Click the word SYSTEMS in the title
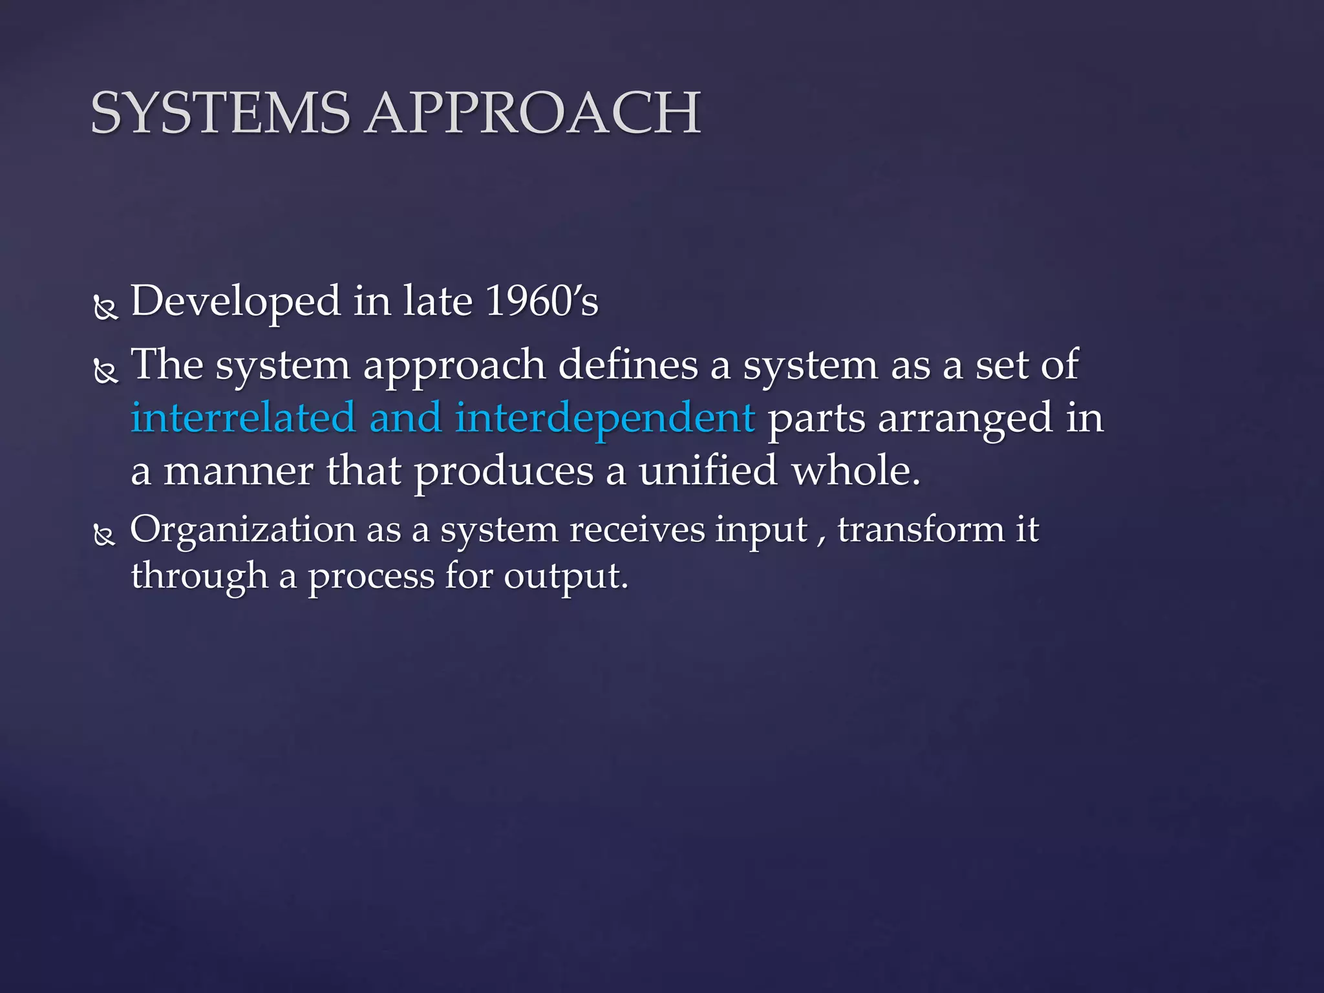[220, 113]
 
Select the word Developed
[235, 301]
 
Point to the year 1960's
[542, 301]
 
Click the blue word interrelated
[243, 418]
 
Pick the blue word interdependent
[604, 418]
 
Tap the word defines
[628, 365]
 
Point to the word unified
[707, 471]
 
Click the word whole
[855, 471]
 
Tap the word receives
[637, 530]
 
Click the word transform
[921, 530]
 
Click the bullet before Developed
[105, 308]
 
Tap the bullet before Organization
[104, 535]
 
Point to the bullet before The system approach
[105, 372]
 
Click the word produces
[504, 472]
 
